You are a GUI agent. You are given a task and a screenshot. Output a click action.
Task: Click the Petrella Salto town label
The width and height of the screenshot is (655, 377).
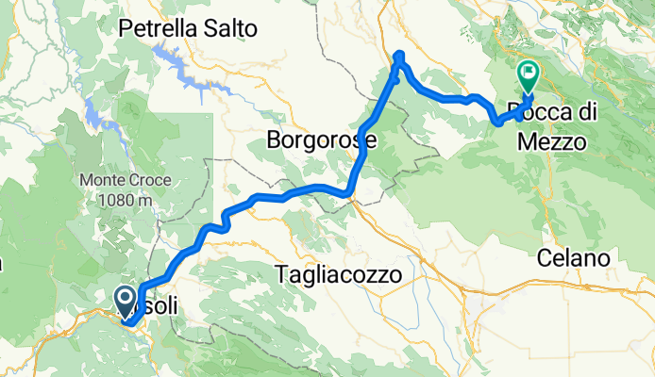tap(188, 29)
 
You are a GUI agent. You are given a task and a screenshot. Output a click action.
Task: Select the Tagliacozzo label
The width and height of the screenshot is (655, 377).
tap(341, 274)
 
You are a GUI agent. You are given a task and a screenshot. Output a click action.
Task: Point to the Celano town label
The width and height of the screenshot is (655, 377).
tap(577, 256)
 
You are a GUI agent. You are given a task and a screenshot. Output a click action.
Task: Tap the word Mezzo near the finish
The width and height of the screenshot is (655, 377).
tap(552, 142)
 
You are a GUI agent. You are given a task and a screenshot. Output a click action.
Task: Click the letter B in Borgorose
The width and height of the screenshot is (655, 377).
tap(275, 142)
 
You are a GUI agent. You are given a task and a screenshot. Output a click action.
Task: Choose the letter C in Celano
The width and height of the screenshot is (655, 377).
tap(546, 256)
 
